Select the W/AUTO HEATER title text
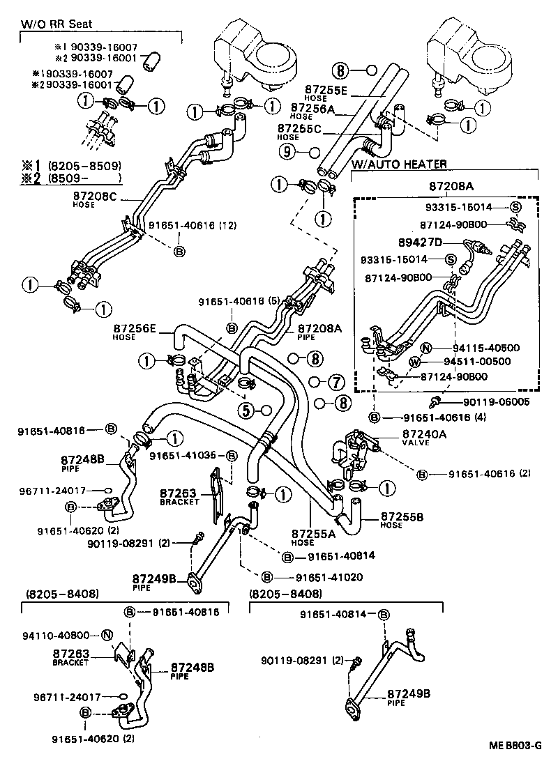(399, 164)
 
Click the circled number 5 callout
(247, 410)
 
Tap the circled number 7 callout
(335, 382)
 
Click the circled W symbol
(414, 362)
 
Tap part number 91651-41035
(185, 456)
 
